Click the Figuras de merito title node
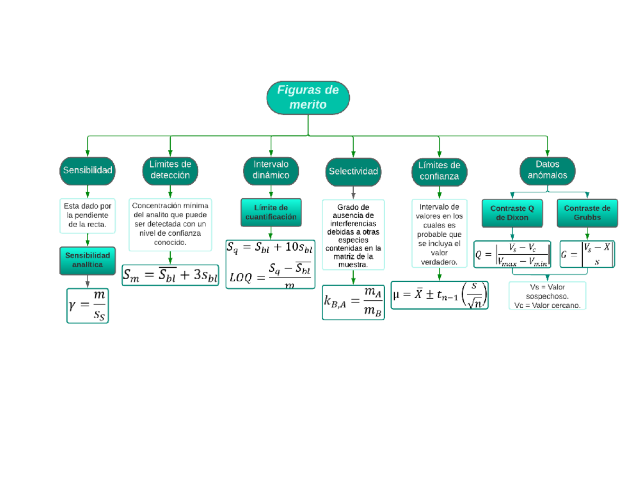(x=308, y=98)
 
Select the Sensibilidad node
(x=87, y=171)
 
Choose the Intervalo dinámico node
(x=271, y=169)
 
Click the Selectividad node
(x=353, y=172)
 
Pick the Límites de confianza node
(x=439, y=171)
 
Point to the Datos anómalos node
(x=547, y=169)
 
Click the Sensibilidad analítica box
(x=87, y=260)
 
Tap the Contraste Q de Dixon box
(x=512, y=213)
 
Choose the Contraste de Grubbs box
(x=587, y=213)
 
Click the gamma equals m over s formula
(x=88, y=305)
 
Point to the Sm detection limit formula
(x=170, y=275)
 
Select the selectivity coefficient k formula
(x=353, y=302)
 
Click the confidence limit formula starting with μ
(x=440, y=294)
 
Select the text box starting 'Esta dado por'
(x=87, y=216)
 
